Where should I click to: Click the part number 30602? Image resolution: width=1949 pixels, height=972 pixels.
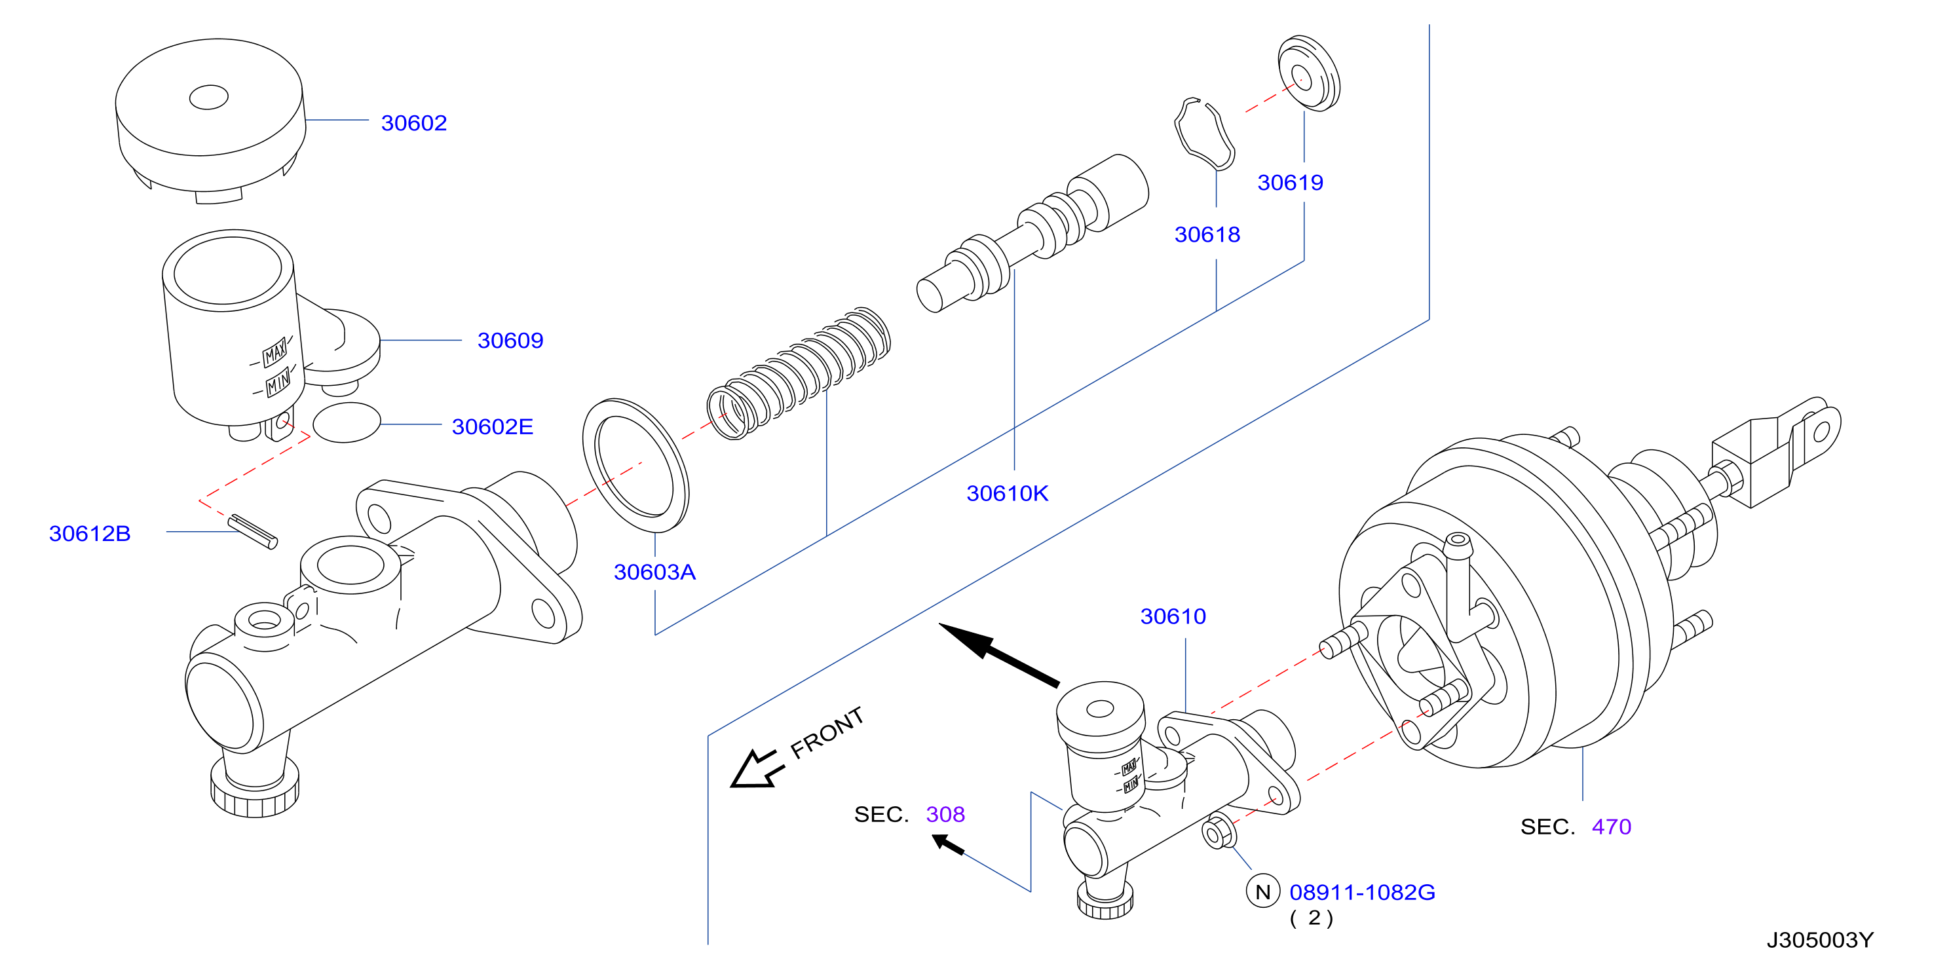(x=414, y=122)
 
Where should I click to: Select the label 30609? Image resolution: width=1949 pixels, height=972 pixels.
(x=510, y=341)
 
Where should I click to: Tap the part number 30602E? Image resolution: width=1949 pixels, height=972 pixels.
(x=492, y=426)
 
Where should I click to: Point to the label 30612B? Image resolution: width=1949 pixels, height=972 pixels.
(x=89, y=533)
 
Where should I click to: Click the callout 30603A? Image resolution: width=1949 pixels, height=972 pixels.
(x=654, y=572)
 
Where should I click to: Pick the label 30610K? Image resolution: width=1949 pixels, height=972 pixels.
(x=1007, y=493)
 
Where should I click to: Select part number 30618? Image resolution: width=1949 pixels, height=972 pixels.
(x=1207, y=234)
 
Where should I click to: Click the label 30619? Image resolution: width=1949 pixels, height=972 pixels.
(x=1290, y=182)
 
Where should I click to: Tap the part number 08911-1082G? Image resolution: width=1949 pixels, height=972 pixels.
(x=1362, y=893)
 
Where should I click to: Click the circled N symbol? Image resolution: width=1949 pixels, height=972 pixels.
(x=1263, y=892)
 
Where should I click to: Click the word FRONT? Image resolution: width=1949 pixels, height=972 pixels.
(x=827, y=732)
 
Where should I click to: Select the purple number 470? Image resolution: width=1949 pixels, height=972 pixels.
(x=1612, y=827)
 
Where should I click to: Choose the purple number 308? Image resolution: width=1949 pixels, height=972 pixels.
(x=945, y=814)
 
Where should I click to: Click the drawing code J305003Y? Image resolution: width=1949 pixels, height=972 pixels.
(x=1820, y=940)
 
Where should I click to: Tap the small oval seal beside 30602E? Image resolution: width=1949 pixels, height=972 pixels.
(x=347, y=422)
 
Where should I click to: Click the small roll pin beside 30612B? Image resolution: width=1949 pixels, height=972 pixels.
(x=253, y=531)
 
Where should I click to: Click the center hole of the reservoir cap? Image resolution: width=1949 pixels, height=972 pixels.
(x=208, y=97)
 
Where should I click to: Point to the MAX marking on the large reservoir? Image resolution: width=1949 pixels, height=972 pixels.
(x=274, y=352)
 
